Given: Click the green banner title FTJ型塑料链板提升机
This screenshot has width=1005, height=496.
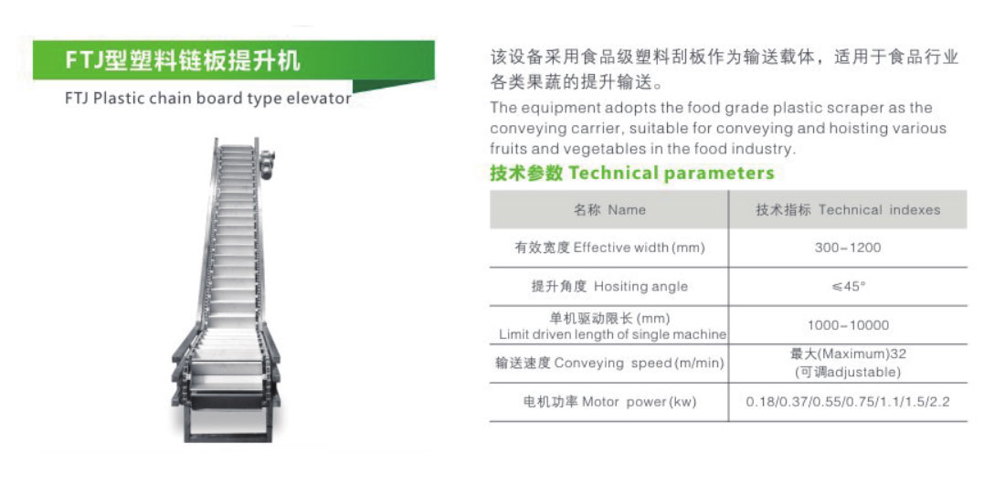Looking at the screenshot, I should click(x=183, y=62).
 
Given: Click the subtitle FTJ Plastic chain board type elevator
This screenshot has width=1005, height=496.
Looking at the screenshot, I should click(x=208, y=98).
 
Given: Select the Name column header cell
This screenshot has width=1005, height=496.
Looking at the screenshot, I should click(x=609, y=210).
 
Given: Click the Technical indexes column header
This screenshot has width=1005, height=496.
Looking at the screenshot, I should click(x=847, y=210).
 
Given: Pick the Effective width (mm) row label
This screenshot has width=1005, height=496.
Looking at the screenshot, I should click(x=609, y=248).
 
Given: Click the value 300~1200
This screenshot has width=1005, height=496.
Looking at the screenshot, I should click(x=847, y=248).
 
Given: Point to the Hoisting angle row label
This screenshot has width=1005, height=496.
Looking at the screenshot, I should click(x=609, y=286).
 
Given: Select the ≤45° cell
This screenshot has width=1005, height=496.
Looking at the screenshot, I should click(x=847, y=286).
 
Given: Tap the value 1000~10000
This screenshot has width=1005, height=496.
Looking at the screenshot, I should click(x=847, y=325).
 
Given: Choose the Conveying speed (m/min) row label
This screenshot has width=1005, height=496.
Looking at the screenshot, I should click(x=609, y=364).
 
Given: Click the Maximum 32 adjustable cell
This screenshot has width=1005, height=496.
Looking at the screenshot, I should click(x=847, y=363).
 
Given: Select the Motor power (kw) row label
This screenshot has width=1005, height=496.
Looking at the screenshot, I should click(x=609, y=402).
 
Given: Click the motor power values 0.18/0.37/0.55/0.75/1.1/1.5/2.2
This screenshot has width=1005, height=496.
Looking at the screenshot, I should click(x=847, y=402).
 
